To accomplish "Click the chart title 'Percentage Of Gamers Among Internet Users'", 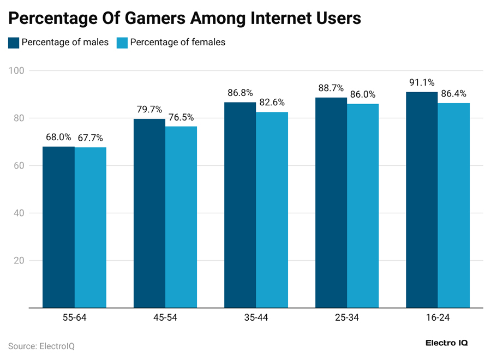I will click(x=184, y=18).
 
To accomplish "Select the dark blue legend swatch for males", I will click(x=14, y=43).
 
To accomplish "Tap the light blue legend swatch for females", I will click(x=123, y=43).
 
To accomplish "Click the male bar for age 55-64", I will click(x=59, y=227).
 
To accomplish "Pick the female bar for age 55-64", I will click(x=91, y=227).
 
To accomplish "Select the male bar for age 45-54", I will click(x=149, y=213).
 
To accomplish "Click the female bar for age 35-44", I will click(x=272, y=210).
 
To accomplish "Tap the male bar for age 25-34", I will click(x=331, y=202).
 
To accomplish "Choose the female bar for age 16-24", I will click(x=453, y=205).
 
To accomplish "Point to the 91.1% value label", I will click(x=422, y=83).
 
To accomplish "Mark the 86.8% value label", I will click(x=241, y=93).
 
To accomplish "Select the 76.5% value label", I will click(x=181, y=117).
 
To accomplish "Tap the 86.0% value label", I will click(x=362, y=94).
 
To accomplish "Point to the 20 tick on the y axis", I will click(x=20, y=261).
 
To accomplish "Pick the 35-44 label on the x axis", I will click(x=256, y=318).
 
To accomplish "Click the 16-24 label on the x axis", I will click(x=438, y=318).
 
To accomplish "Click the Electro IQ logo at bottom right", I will click(x=446, y=343).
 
